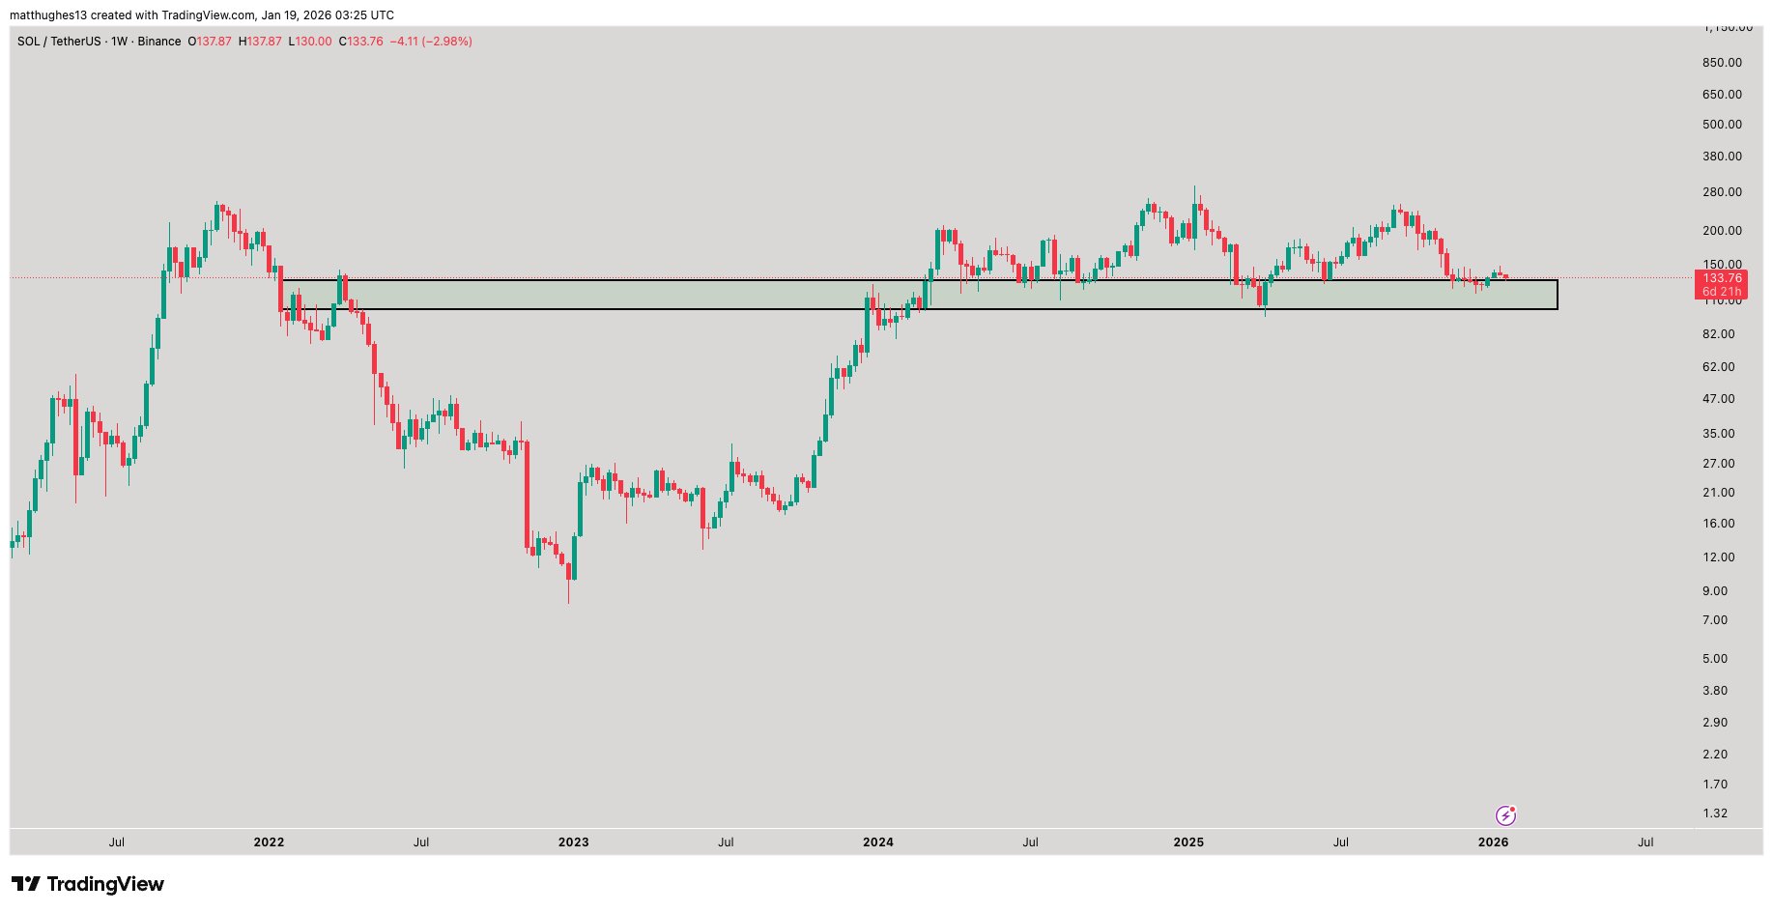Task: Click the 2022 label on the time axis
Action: click(x=269, y=842)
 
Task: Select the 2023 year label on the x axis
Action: click(x=573, y=842)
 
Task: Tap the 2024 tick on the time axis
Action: click(x=877, y=842)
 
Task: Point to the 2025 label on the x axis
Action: click(x=1188, y=842)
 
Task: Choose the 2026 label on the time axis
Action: click(x=1493, y=842)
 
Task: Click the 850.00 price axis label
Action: click(x=1722, y=63)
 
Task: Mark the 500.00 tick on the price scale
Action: click(x=1722, y=125)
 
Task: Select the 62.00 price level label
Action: click(x=1718, y=367)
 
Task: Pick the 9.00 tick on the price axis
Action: click(x=1715, y=591)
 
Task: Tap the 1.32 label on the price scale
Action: click(x=1715, y=813)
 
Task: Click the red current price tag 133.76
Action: click(x=1722, y=278)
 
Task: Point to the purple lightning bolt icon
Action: click(x=1505, y=815)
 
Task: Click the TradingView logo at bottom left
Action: click(x=88, y=884)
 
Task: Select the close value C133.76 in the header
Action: click(x=360, y=42)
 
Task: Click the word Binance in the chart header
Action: click(x=159, y=42)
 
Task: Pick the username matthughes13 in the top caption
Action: click(x=48, y=15)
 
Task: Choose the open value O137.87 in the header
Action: click(x=209, y=42)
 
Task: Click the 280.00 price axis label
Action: click(x=1722, y=192)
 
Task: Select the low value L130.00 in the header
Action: click(x=309, y=42)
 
